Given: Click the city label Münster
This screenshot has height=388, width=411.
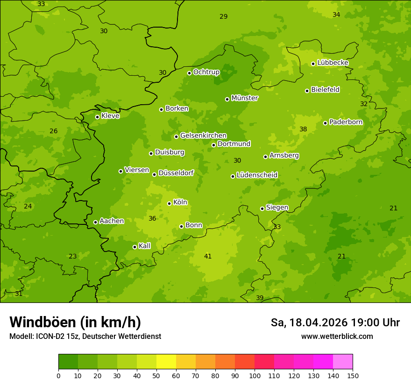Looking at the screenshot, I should tap(244, 98).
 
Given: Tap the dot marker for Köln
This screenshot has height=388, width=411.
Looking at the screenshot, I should tap(169, 203).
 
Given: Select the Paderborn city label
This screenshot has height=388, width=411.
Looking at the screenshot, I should tap(346, 122).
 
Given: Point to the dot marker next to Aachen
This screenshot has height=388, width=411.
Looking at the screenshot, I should tap(95, 222).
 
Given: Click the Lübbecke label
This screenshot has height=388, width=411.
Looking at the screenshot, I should tap(333, 63).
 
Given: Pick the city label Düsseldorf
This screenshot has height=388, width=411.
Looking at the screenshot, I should tap(176, 173).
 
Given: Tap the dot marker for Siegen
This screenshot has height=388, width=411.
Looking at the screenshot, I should tap(262, 208).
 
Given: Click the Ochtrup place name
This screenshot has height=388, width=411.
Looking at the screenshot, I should tap(206, 72).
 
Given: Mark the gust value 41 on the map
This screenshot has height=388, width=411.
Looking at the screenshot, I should tap(208, 256).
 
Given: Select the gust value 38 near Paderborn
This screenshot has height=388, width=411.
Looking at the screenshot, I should tap(303, 129).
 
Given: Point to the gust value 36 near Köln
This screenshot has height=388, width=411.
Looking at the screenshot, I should tap(152, 218).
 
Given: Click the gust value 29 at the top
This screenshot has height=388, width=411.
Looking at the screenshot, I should tap(224, 16).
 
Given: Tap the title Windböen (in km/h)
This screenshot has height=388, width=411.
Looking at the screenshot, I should tap(75, 322).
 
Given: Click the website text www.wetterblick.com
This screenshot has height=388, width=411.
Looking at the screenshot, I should tap(337, 336).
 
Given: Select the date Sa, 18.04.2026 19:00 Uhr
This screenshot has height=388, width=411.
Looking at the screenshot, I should tap(335, 323).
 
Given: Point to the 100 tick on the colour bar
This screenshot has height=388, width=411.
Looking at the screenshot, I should tap(255, 375).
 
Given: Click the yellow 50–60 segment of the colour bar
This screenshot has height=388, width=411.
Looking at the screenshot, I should tap(166, 361).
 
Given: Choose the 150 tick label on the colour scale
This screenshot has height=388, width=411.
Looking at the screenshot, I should tap(353, 375).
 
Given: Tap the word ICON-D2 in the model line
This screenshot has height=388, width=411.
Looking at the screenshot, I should tap(49, 336).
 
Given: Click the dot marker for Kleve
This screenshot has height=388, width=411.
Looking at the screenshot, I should tap(97, 117).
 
